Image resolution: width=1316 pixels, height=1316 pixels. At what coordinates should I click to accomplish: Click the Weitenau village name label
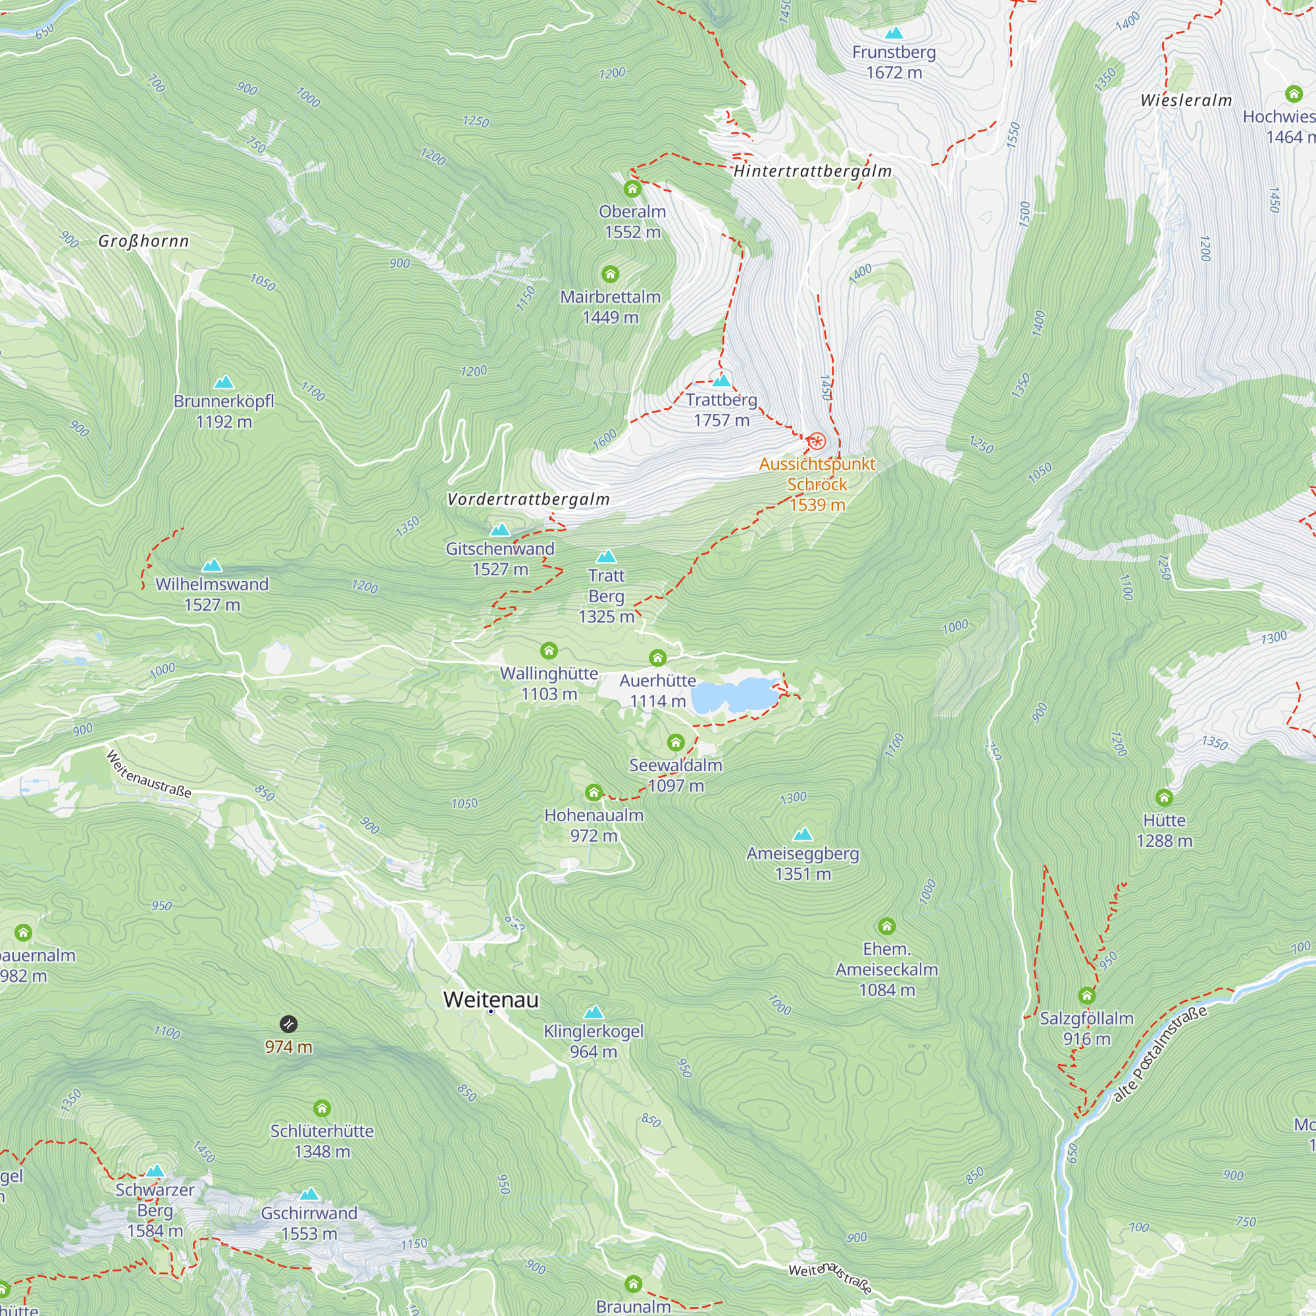click(x=490, y=1000)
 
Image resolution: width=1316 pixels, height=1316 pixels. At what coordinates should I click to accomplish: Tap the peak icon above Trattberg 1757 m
click(x=721, y=380)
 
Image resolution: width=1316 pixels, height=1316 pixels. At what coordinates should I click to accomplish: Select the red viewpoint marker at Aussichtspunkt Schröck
click(x=816, y=442)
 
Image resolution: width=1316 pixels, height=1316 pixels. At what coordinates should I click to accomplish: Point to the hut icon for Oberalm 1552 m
click(x=632, y=189)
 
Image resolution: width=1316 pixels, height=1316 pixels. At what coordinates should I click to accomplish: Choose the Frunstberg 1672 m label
click(x=894, y=62)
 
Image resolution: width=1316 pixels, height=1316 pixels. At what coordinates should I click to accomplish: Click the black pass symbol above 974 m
click(x=289, y=1024)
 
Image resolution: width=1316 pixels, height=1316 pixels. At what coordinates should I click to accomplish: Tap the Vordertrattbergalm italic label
click(x=528, y=499)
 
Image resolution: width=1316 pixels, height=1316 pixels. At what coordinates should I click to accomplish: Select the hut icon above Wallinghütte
click(x=549, y=651)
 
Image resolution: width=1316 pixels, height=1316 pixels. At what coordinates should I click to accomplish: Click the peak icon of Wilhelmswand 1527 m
click(x=213, y=565)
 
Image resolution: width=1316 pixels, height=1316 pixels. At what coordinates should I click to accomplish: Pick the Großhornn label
click(x=143, y=241)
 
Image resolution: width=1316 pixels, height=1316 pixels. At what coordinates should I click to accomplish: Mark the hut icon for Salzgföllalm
click(x=1086, y=996)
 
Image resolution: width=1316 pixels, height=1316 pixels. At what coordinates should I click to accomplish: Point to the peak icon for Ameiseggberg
click(x=803, y=834)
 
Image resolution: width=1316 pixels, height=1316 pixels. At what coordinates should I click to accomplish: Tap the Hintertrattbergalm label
click(x=813, y=171)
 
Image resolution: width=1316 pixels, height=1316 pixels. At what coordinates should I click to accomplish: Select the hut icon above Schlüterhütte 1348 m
click(x=322, y=1108)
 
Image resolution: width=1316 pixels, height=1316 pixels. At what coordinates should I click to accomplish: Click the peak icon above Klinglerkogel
click(x=594, y=1011)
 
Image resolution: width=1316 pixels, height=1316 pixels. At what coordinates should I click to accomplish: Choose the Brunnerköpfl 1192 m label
click(x=224, y=411)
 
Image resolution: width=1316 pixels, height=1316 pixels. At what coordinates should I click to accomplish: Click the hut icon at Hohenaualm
click(x=594, y=792)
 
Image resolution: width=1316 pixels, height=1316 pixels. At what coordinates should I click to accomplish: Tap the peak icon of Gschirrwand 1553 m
click(x=309, y=1194)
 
